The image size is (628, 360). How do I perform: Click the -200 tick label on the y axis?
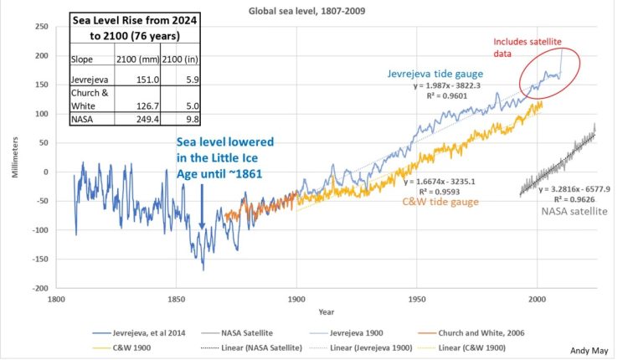pos(40,288)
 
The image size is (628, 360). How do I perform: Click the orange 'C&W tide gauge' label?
pos(441,202)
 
